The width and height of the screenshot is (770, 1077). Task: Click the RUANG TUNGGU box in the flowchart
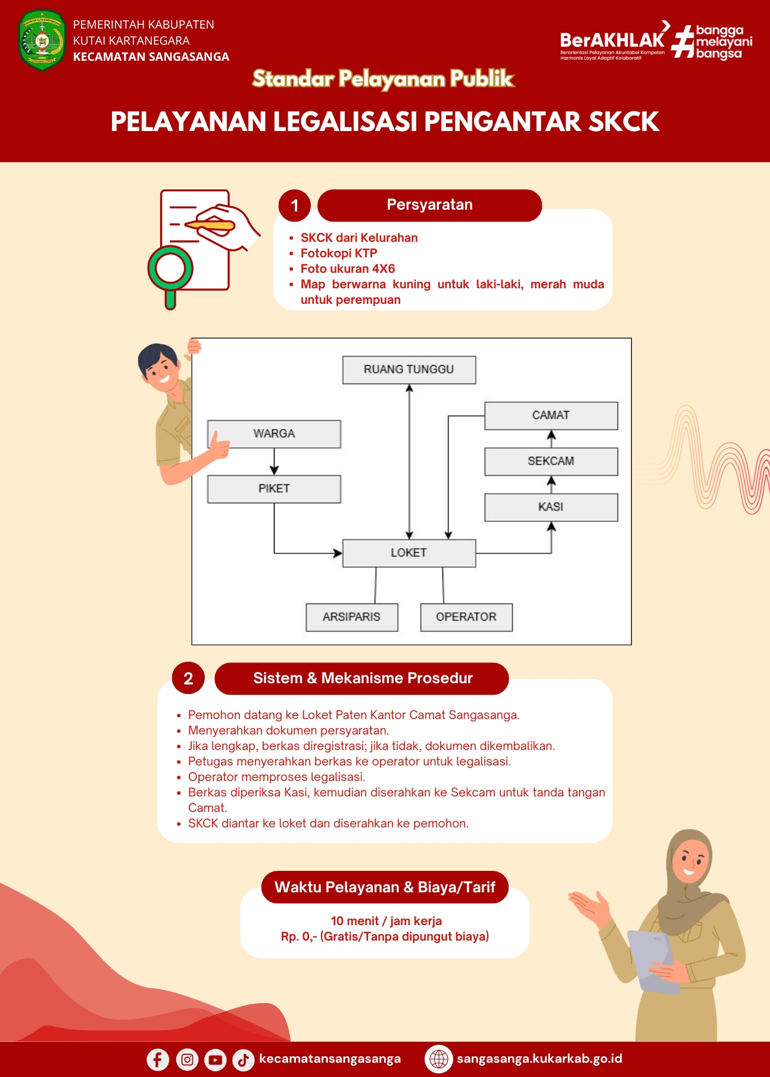pyautogui.click(x=409, y=370)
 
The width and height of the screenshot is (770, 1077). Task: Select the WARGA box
pyautogui.click(x=274, y=434)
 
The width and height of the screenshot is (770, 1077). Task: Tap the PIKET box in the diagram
pyautogui.click(x=274, y=489)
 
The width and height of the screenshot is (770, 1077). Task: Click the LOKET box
pyautogui.click(x=409, y=553)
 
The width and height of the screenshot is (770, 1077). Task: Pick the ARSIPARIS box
pyautogui.click(x=352, y=617)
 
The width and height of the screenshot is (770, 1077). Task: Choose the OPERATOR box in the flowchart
pyautogui.click(x=466, y=617)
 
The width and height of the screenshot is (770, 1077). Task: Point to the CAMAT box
pyautogui.click(x=551, y=416)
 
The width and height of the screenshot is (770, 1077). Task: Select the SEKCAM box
pyautogui.click(x=551, y=462)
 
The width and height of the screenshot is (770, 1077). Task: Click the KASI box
pyautogui.click(x=551, y=508)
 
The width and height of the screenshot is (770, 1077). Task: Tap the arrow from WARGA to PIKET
pyautogui.click(x=274, y=462)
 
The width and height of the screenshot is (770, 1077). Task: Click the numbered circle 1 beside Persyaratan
pyautogui.click(x=295, y=206)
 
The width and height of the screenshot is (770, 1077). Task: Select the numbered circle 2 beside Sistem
pyautogui.click(x=188, y=678)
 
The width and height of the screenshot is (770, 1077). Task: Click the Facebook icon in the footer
pyautogui.click(x=158, y=1060)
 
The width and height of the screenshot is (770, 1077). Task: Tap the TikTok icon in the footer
pyautogui.click(x=243, y=1060)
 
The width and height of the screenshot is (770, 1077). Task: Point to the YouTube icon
pyautogui.click(x=215, y=1060)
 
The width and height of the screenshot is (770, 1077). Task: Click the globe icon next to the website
pyautogui.click(x=439, y=1059)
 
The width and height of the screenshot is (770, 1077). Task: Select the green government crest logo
pyautogui.click(x=42, y=41)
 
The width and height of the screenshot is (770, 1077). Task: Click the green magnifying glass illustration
pyautogui.click(x=170, y=275)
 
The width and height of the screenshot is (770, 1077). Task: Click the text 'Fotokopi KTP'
pyautogui.click(x=339, y=253)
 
